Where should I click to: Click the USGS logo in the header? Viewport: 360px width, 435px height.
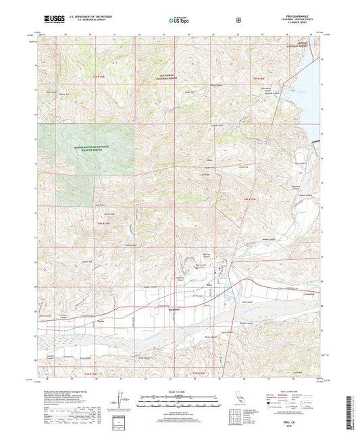[48, 21]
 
